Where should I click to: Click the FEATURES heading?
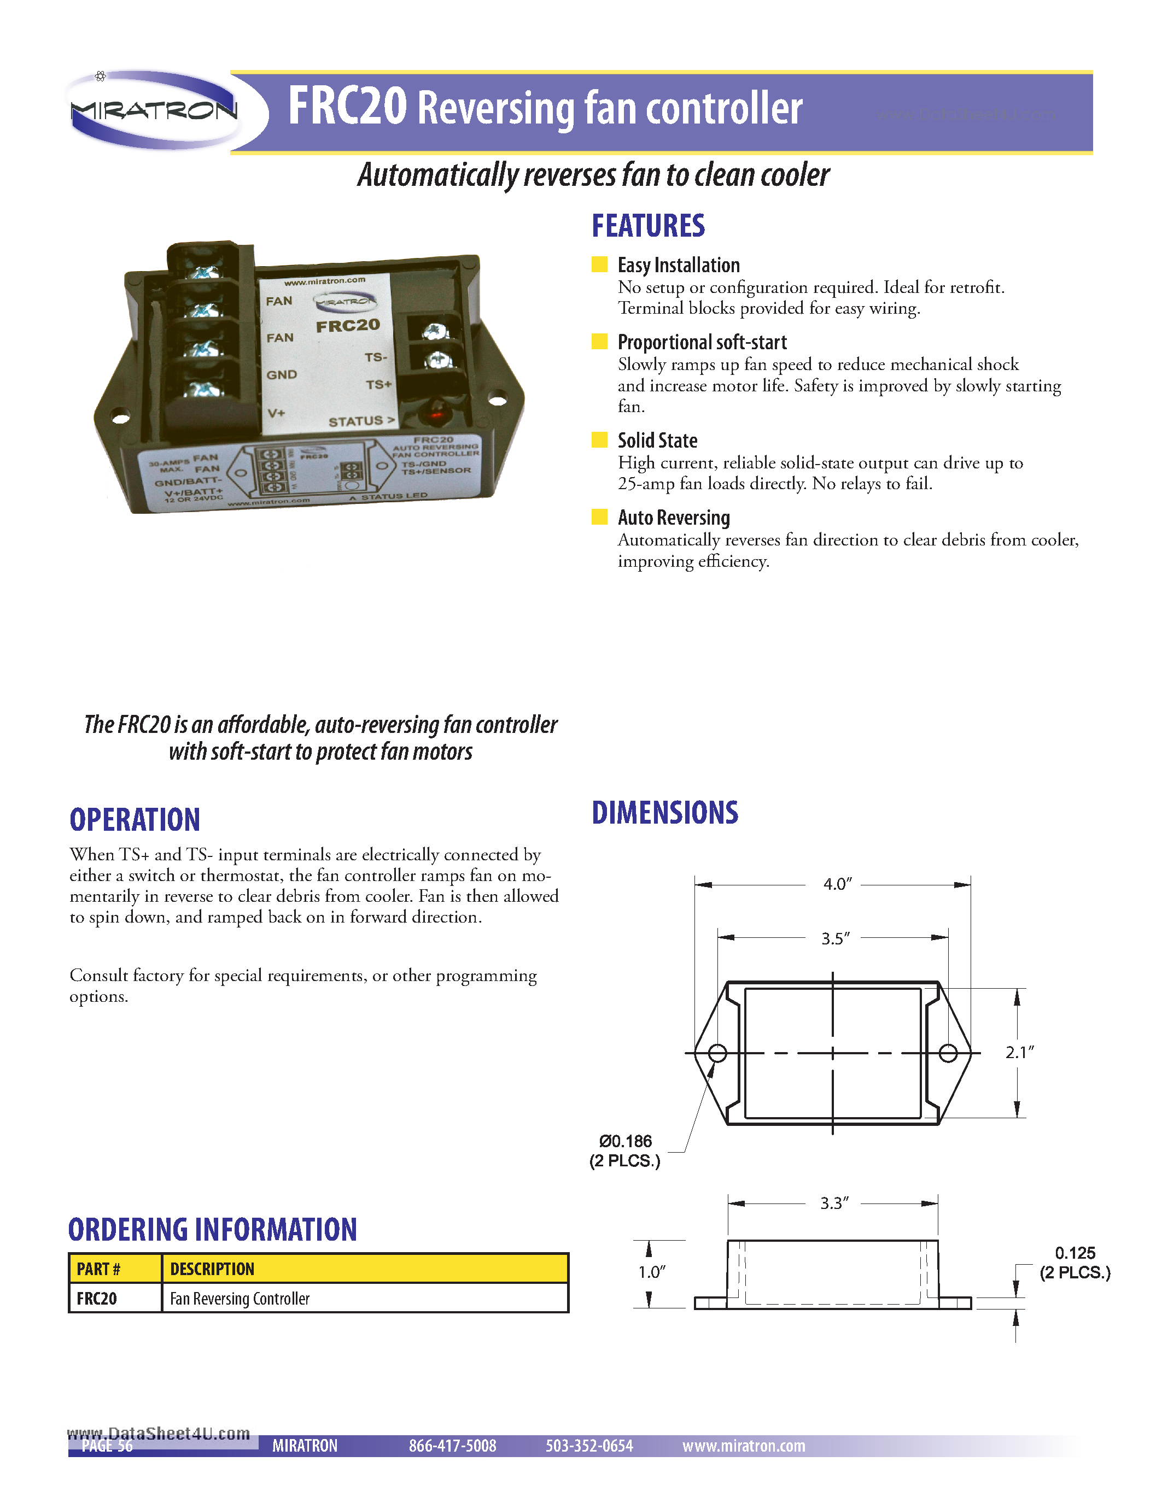[648, 226]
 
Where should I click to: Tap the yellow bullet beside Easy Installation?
[599, 265]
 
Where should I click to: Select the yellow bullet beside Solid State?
[599, 440]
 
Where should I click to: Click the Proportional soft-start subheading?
[702, 342]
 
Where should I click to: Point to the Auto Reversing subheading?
[673, 518]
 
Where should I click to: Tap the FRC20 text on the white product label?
[348, 326]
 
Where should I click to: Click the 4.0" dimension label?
[837, 884]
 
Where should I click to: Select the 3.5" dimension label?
[835, 938]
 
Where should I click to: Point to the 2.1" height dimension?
[1019, 1052]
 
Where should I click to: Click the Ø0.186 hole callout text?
[625, 1141]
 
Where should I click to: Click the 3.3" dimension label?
[834, 1203]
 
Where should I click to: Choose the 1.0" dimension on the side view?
[651, 1272]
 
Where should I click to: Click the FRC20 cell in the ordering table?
[97, 1298]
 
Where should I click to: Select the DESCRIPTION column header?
[212, 1269]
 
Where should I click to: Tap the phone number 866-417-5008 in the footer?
[452, 1445]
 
